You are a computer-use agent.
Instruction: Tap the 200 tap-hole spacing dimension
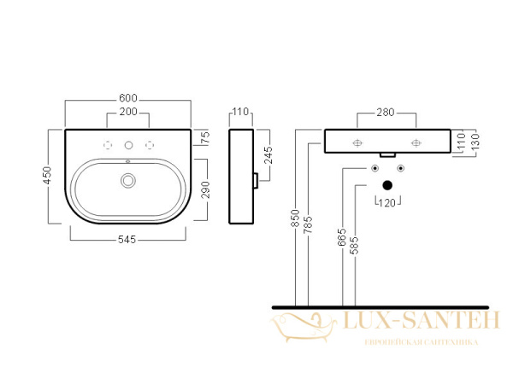[128, 113]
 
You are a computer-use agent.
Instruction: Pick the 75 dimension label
[205, 137]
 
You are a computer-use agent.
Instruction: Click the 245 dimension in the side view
[268, 155]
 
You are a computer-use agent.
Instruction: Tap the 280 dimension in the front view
[386, 113]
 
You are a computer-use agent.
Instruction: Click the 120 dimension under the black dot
[387, 202]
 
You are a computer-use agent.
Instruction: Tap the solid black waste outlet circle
[387, 184]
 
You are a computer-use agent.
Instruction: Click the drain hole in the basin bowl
[128, 180]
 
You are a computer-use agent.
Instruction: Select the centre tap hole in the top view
[128, 144]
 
